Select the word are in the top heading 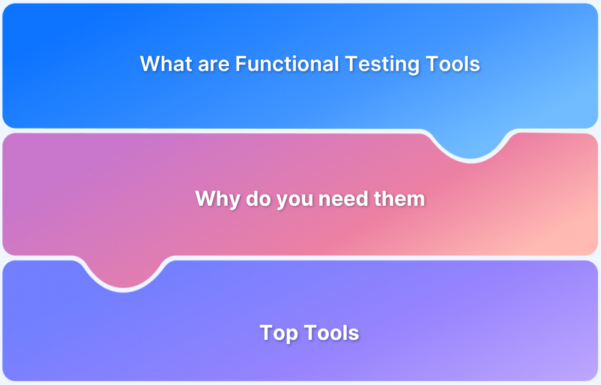point(214,64)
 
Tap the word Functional point(287,64)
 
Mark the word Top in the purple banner point(279,333)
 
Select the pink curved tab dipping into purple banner point(124,274)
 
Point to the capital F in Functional point(240,64)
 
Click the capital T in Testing point(350,64)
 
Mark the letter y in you point(282,201)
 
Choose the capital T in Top point(266,333)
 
